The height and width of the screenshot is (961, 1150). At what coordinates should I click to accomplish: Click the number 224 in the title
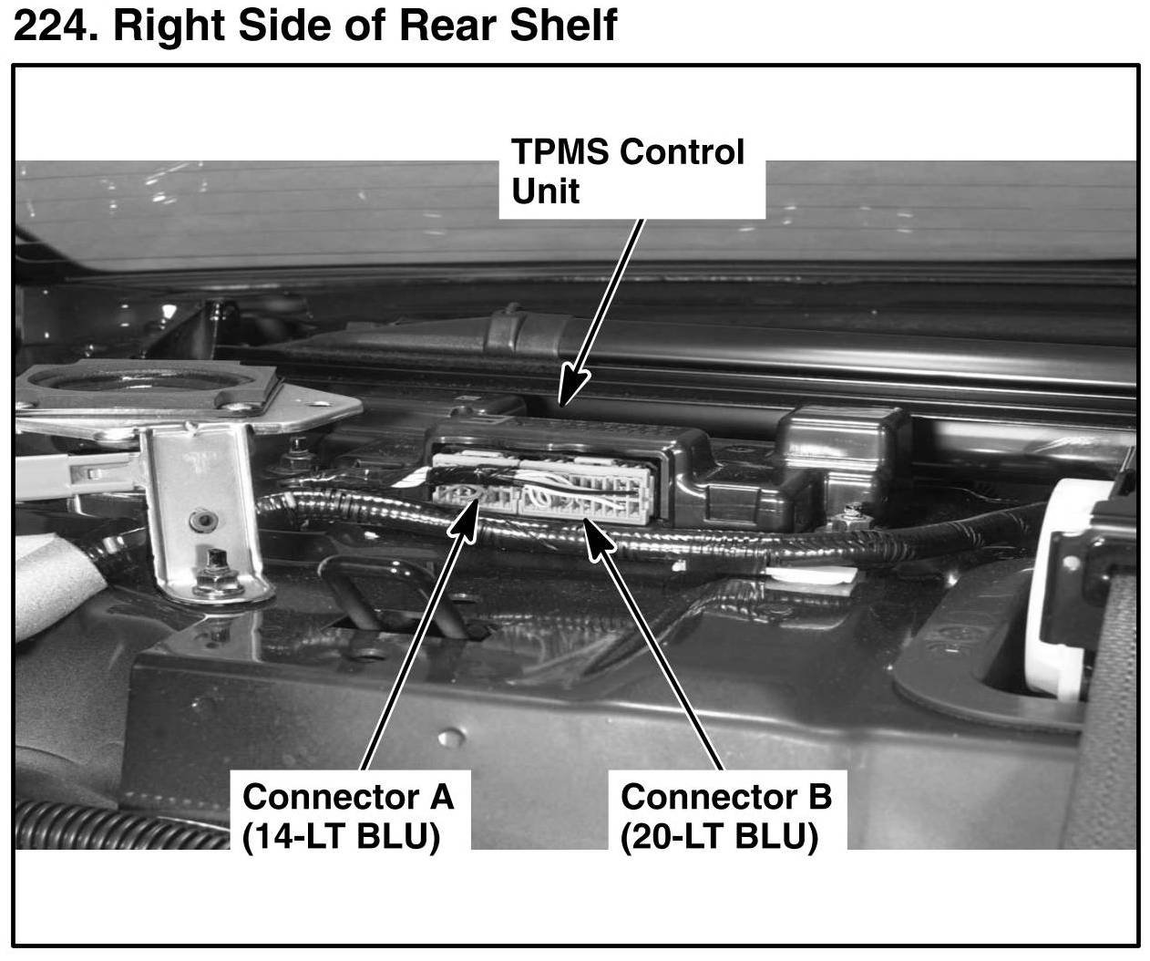pyautogui.click(x=53, y=26)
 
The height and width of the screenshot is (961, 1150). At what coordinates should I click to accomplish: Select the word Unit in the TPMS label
pyautogui.click(x=545, y=191)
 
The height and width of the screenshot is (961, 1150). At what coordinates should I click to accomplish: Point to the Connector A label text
pyautogui.click(x=347, y=797)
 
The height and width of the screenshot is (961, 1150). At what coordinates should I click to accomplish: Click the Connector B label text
pyautogui.click(x=725, y=797)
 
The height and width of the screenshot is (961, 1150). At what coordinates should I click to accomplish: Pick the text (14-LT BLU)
pyautogui.click(x=341, y=836)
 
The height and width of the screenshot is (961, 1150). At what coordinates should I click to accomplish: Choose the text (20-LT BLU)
pyautogui.click(x=719, y=836)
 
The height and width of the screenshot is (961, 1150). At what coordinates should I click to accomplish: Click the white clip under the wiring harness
pyautogui.click(x=810, y=576)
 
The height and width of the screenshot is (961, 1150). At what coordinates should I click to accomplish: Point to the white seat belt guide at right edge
pyautogui.click(x=1066, y=593)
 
